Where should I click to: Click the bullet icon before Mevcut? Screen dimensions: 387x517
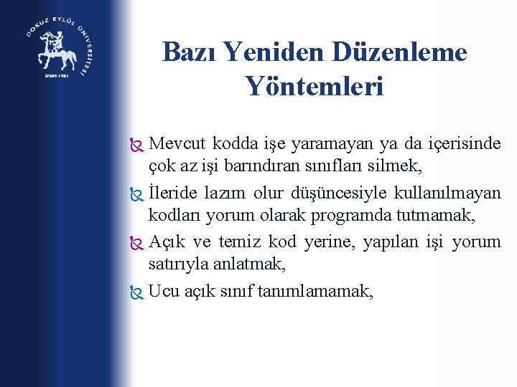coord(137,145)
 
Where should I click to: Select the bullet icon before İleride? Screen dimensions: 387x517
coord(137,194)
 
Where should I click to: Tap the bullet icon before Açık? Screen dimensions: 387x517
coord(137,243)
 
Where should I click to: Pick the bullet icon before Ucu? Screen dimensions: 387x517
coord(137,292)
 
